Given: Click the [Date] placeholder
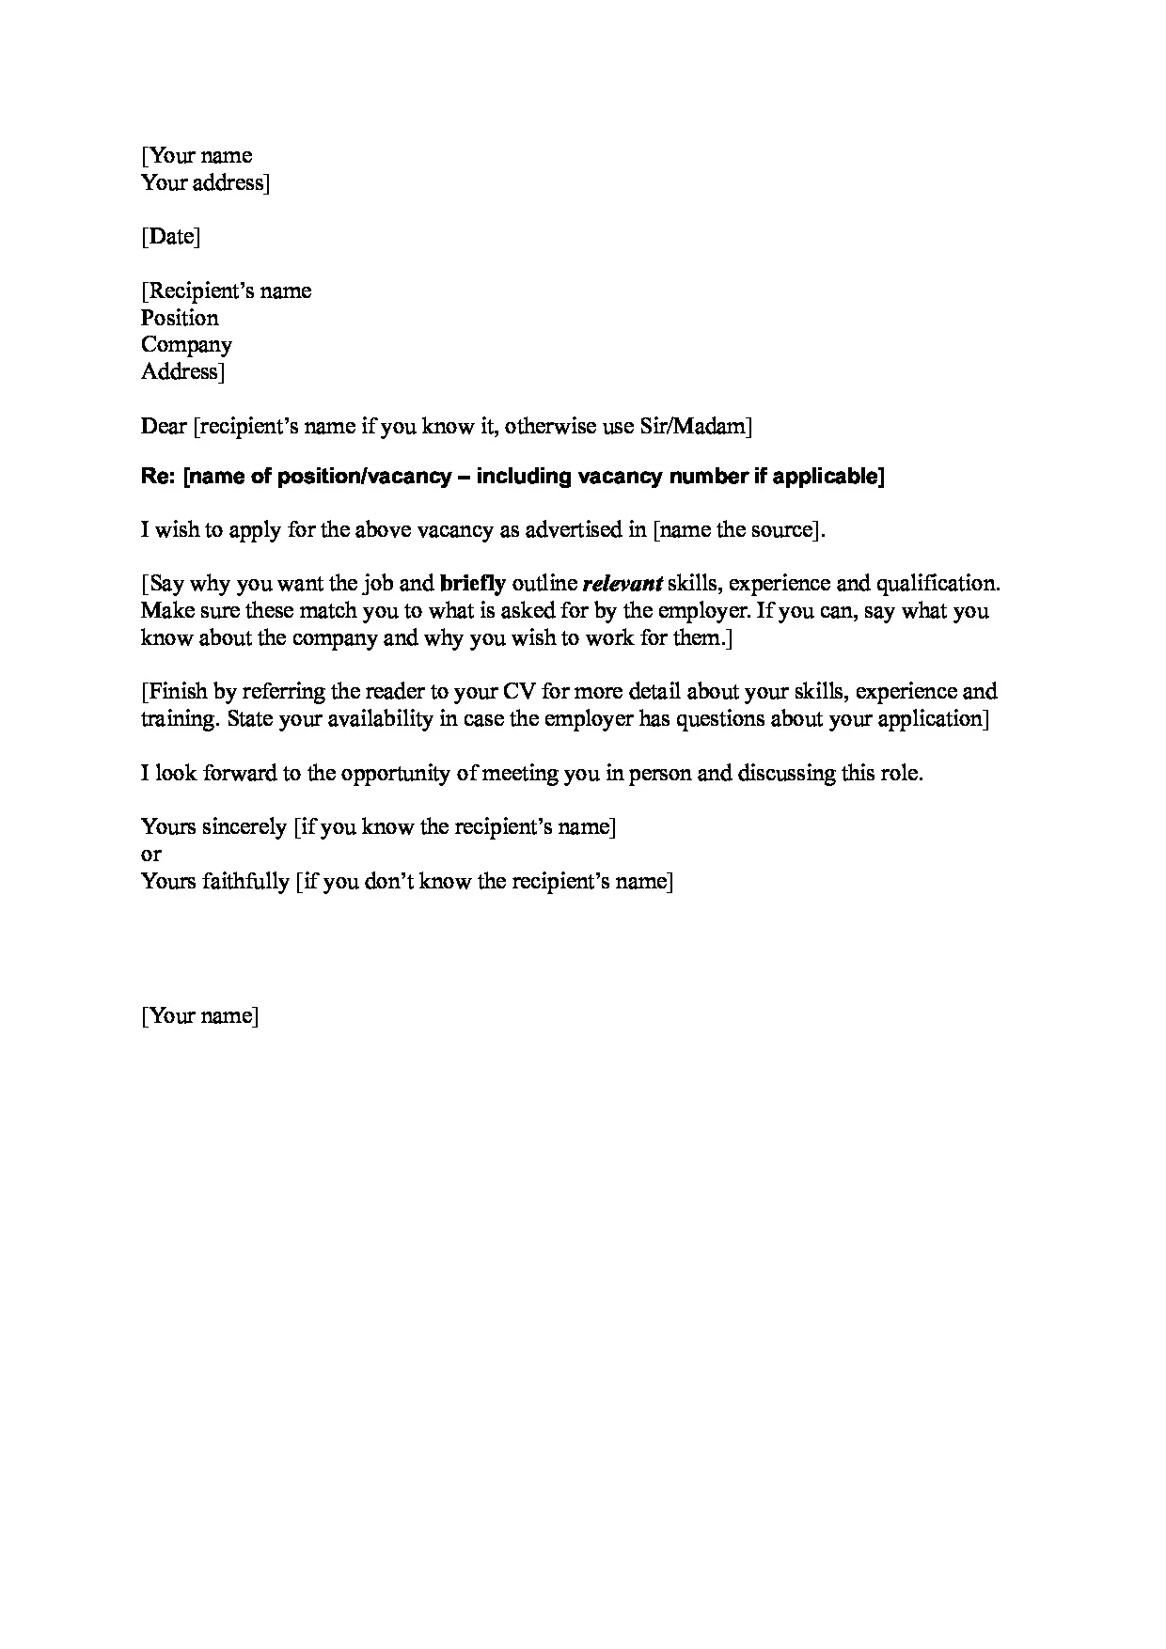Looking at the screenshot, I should (x=170, y=236).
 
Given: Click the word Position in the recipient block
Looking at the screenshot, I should (x=180, y=318).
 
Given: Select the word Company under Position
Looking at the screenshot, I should (x=186, y=345).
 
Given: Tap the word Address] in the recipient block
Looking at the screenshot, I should (x=182, y=372).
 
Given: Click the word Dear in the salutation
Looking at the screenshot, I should (x=164, y=427).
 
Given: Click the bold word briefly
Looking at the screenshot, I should (x=472, y=584).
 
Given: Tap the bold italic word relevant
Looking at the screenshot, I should (x=622, y=584).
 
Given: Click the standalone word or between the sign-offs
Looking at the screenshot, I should (x=150, y=855).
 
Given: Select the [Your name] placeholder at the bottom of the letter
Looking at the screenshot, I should (x=199, y=1016).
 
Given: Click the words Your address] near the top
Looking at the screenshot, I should (x=205, y=182).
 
